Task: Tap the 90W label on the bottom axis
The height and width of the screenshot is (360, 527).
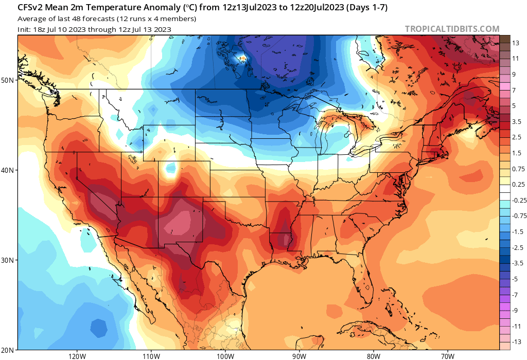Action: [299, 355]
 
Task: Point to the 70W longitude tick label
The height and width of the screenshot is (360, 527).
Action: [447, 355]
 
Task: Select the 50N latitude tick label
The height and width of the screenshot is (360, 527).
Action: [8, 80]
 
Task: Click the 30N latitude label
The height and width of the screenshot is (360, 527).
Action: [8, 260]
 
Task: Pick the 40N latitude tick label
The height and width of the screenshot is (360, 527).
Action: [8, 170]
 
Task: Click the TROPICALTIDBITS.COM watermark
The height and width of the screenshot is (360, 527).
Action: [452, 29]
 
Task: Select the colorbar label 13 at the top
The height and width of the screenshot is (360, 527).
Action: [516, 43]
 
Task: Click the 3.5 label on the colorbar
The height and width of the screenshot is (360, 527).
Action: [517, 121]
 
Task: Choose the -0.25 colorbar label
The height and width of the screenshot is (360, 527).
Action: [519, 200]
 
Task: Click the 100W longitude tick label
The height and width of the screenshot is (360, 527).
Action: [225, 355]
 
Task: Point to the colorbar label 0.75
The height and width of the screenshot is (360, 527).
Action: [518, 169]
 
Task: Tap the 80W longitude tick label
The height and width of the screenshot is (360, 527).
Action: [373, 355]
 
